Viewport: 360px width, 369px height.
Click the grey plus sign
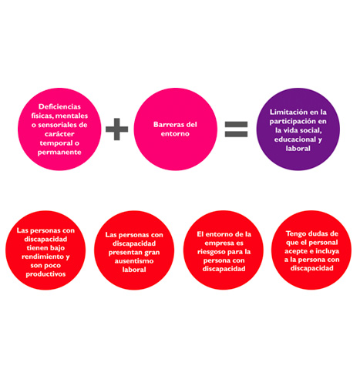[117, 129]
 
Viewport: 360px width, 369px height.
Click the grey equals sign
[236, 129]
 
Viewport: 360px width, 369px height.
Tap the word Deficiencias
[59, 106]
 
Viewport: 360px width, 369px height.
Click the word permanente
[59, 153]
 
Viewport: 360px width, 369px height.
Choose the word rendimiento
[43, 257]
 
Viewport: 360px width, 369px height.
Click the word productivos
[45, 274]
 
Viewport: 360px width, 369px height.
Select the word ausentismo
[134, 261]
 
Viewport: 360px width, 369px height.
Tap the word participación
[289, 122]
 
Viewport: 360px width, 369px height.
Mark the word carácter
[59, 134]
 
